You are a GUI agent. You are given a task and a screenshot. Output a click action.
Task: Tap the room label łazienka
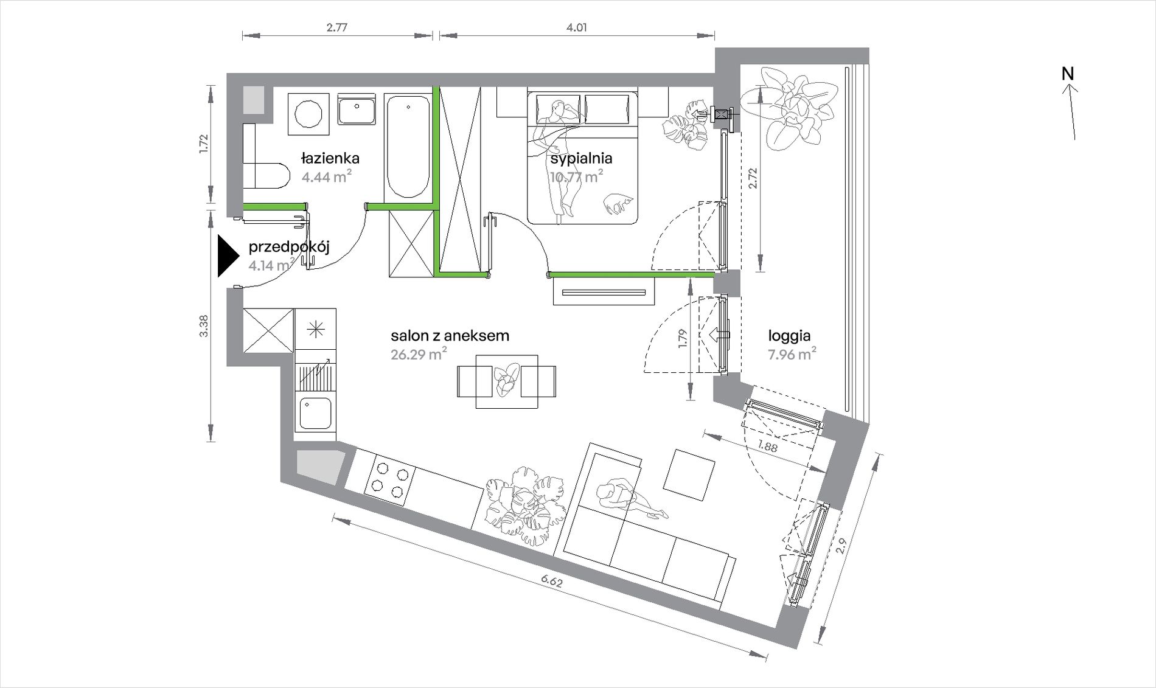(x=330, y=158)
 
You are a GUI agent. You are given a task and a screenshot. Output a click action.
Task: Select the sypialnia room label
(x=581, y=159)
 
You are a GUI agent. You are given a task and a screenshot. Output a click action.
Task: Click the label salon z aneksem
(x=450, y=335)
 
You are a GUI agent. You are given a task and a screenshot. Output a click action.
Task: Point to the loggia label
(x=789, y=336)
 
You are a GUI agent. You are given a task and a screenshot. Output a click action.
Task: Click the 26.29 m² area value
(x=419, y=353)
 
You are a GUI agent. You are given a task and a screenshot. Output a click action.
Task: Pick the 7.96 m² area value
(x=792, y=353)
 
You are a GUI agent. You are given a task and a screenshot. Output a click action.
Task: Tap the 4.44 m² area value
(x=327, y=176)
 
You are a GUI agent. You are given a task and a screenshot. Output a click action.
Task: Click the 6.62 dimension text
(x=552, y=581)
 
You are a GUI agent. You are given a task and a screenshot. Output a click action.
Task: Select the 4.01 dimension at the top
(x=577, y=27)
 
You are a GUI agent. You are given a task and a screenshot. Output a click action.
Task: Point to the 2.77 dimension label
(x=336, y=27)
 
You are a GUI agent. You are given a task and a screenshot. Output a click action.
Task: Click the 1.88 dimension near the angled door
(x=767, y=447)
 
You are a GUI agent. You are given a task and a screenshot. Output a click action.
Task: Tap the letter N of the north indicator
(x=1068, y=74)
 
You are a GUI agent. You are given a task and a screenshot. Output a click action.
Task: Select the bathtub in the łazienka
(x=407, y=146)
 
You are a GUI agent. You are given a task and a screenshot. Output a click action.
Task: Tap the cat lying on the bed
(x=619, y=203)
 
